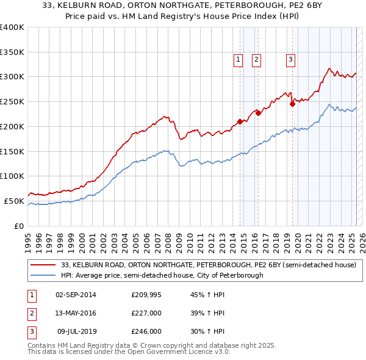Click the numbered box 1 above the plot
[x=238, y=60]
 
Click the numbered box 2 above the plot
[x=256, y=60]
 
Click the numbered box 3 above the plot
[x=290, y=60]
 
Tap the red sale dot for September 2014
[x=240, y=121]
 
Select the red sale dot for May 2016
[x=258, y=113]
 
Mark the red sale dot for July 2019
[x=292, y=104]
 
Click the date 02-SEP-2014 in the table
[x=77, y=295]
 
